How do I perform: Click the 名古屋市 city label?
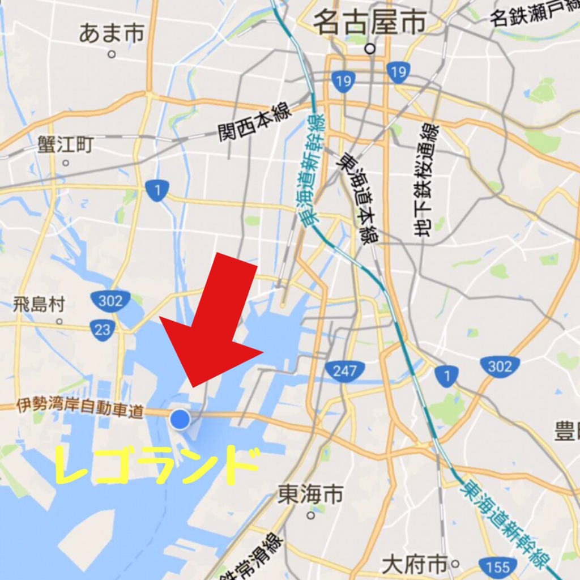pos(369,23)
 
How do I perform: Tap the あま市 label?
pos(112,33)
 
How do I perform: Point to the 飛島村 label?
pos(39,305)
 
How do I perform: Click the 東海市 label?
pos(310,494)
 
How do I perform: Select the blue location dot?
pos(180,419)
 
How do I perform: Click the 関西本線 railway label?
pos(254,122)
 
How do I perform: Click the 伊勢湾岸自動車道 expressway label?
pos(79,407)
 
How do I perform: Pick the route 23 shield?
pos(103,330)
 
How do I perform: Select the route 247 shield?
pos(344,371)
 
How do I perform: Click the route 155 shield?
pos(497,566)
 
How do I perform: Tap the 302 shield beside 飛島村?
pos(110,301)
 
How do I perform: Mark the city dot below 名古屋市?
pos(370,49)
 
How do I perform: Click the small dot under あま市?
pos(112,54)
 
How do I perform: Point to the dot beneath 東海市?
pos(310,515)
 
